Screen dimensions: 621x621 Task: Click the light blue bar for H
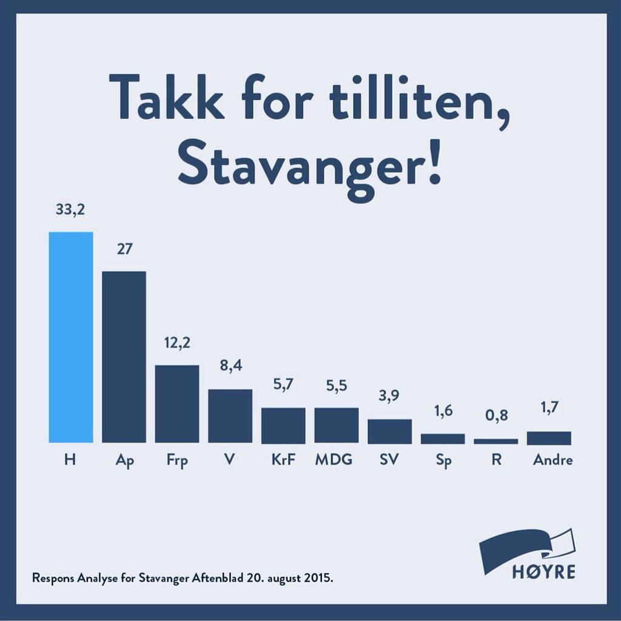[x=71, y=337]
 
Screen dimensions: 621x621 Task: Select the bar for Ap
[x=124, y=357]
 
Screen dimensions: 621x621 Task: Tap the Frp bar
[x=177, y=404]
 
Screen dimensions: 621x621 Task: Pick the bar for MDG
[x=336, y=425]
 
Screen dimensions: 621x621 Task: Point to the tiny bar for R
[x=495, y=441]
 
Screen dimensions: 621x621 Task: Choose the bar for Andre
[x=549, y=438]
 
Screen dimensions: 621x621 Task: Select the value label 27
[x=124, y=249]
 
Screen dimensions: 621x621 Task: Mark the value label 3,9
[x=389, y=396]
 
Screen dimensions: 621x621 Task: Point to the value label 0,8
[x=496, y=416]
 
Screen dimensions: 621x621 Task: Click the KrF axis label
[x=283, y=460]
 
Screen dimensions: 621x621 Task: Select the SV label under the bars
[x=389, y=460]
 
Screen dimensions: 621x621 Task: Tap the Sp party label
[x=443, y=460]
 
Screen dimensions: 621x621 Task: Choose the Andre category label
[x=552, y=460]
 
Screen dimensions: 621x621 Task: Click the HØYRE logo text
[x=543, y=572]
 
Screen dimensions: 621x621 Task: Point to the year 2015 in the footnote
[x=318, y=577]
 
